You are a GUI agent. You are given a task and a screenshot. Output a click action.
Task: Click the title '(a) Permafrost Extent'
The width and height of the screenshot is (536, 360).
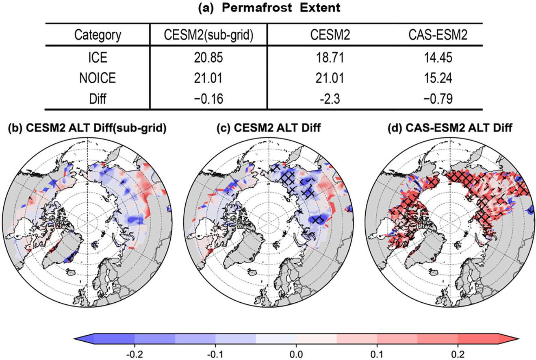(269, 8)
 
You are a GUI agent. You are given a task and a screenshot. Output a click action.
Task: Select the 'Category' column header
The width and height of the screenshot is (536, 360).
(98, 35)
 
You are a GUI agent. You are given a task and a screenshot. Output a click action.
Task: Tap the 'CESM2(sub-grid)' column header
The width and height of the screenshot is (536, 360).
(208, 35)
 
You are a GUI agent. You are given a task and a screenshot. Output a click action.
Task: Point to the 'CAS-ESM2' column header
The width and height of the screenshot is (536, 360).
(438, 35)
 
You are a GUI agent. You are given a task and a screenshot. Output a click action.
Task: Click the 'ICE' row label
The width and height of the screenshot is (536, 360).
(98, 58)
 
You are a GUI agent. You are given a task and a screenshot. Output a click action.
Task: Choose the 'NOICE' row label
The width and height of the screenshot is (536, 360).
(98, 78)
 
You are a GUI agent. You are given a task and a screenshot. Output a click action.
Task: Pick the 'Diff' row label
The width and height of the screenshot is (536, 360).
(98, 99)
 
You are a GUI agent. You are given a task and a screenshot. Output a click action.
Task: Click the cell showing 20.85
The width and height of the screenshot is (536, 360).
(208, 58)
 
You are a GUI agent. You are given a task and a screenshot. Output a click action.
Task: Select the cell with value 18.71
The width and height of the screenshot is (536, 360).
(330, 58)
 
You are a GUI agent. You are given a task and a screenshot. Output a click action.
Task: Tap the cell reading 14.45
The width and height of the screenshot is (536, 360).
(438, 58)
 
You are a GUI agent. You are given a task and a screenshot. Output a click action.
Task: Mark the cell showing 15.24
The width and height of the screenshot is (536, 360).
(438, 78)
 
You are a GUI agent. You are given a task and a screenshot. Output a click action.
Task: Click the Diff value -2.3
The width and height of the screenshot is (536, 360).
(330, 99)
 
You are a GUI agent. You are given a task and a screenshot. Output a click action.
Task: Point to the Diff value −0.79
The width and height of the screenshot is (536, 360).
(438, 99)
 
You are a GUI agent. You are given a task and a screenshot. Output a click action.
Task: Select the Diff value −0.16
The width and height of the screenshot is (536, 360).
(208, 99)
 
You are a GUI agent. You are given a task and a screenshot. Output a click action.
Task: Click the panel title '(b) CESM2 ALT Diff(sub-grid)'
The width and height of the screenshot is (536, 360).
(87, 128)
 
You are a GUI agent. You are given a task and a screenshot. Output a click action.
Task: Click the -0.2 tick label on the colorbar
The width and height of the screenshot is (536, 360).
(135, 354)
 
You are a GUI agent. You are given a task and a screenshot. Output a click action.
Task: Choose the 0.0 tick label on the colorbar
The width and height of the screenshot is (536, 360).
(297, 354)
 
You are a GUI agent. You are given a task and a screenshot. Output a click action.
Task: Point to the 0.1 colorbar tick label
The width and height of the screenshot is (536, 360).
(377, 354)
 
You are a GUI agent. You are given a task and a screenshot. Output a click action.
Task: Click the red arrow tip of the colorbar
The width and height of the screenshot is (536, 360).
(518, 339)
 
